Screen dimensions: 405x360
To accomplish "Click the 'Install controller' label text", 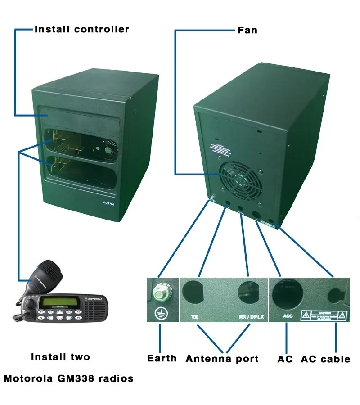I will pyautogui.click(x=82, y=30).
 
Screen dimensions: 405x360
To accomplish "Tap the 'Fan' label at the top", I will pyautogui.click(x=247, y=30).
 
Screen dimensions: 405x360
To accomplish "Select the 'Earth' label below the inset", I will pyautogui.click(x=162, y=358).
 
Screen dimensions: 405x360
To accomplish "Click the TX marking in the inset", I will pyautogui.click(x=194, y=317).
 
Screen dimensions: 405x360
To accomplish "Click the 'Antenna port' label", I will pyautogui.click(x=222, y=359).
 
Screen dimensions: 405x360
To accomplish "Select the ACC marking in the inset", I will pyautogui.click(x=288, y=316).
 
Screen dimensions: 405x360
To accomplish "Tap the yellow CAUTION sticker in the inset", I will pyautogui.click(x=325, y=315).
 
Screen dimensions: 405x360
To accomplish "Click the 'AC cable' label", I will pyautogui.click(x=325, y=359).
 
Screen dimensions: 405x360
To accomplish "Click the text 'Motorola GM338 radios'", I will pyautogui.click(x=69, y=378).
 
